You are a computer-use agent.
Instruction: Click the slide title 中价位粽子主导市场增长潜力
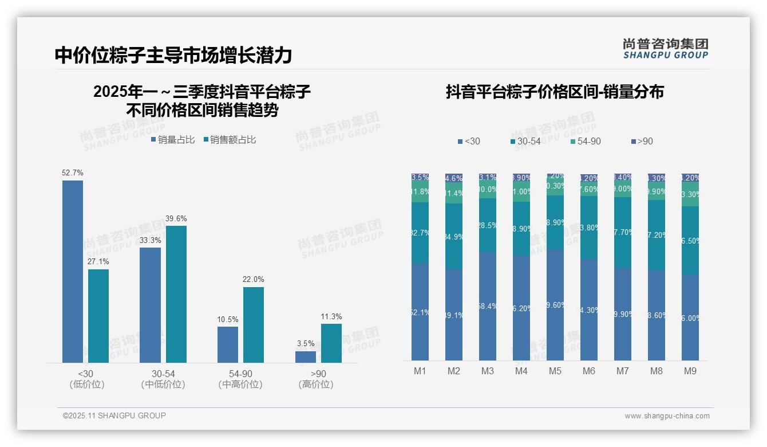pos(173,55)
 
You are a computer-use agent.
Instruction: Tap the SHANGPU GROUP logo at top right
pos(665,49)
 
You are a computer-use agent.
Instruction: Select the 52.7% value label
pos(73,172)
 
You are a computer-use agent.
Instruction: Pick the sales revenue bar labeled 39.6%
pos(176,293)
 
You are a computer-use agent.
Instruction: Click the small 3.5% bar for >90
pos(306,356)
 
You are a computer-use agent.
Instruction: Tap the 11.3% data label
pos(331,316)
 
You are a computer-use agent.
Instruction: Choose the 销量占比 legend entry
pos(172,139)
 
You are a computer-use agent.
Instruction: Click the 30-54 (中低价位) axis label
pos(163,379)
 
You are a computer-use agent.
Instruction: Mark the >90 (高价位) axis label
pos(315,379)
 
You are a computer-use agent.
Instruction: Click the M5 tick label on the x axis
pos(555,371)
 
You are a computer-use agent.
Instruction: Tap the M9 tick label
pos(690,371)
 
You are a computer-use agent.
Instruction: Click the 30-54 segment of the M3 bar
pos(488,225)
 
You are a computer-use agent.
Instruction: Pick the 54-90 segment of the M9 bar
pos(690,194)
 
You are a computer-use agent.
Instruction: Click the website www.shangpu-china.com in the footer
pos(667,416)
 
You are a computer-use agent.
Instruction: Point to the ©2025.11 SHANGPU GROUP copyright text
pos(114,415)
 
